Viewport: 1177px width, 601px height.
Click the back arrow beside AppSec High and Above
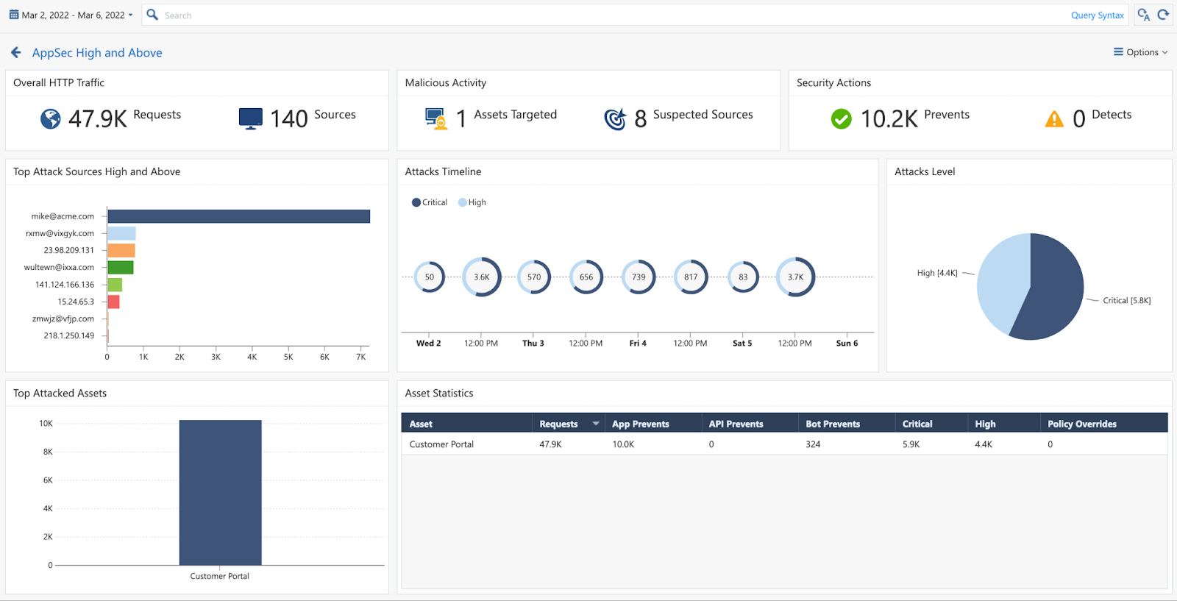pyautogui.click(x=16, y=52)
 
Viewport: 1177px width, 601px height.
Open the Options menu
pyautogui.click(x=1140, y=52)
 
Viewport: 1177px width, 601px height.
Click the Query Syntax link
pyautogui.click(x=1097, y=15)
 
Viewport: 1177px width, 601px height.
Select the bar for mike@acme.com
pyautogui.click(x=238, y=216)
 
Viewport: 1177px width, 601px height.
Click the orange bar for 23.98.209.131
pyautogui.click(x=121, y=251)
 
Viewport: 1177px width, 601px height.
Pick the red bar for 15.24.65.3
pyautogui.click(x=113, y=302)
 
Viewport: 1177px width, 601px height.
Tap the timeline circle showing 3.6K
pyautogui.click(x=481, y=277)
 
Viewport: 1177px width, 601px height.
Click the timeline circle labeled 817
pyautogui.click(x=691, y=277)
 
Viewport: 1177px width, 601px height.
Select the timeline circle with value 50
pyautogui.click(x=429, y=277)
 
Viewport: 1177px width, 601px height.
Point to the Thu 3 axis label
pyautogui.click(x=533, y=344)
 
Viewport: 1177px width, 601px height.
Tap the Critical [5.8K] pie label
pyautogui.click(x=1126, y=301)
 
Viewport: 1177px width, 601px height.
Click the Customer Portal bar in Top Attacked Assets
pyautogui.click(x=220, y=493)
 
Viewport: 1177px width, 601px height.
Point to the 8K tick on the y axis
pyautogui.click(x=48, y=452)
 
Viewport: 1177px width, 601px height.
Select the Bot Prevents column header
pyautogui.click(x=833, y=424)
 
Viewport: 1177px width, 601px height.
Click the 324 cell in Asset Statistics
pyautogui.click(x=813, y=444)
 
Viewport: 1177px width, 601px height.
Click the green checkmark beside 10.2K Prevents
pyautogui.click(x=841, y=118)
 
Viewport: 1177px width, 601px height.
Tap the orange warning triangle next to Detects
pyautogui.click(x=1054, y=119)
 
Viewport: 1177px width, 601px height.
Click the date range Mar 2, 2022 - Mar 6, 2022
pyautogui.click(x=71, y=15)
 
